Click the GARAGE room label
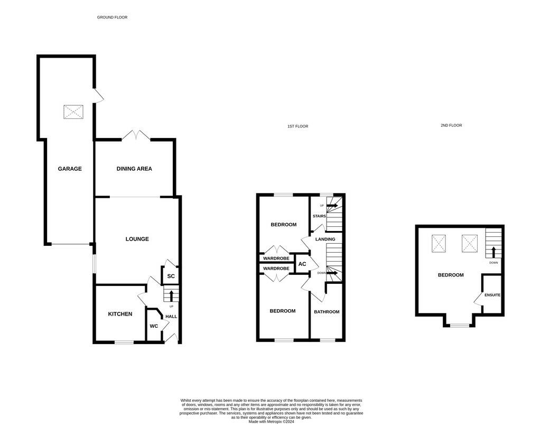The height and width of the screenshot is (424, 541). [x=70, y=169]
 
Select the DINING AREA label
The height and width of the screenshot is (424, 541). [x=134, y=169]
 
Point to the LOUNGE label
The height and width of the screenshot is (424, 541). [x=137, y=239]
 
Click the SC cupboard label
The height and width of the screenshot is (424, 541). [x=171, y=276]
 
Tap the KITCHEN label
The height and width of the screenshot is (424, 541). [x=120, y=314]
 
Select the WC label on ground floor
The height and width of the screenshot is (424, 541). [x=154, y=326]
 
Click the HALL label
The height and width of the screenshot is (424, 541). [x=171, y=317]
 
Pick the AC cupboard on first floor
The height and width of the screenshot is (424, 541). [x=302, y=264]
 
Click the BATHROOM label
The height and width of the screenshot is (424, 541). [x=327, y=311]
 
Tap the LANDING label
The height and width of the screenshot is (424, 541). [x=325, y=239]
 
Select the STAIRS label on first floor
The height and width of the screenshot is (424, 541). [x=319, y=216]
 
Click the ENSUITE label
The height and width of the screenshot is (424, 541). [x=492, y=295]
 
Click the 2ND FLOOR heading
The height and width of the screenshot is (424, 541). [x=451, y=126]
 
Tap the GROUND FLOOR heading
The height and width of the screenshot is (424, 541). [x=112, y=17]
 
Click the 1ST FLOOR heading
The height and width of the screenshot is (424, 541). [x=297, y=126]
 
